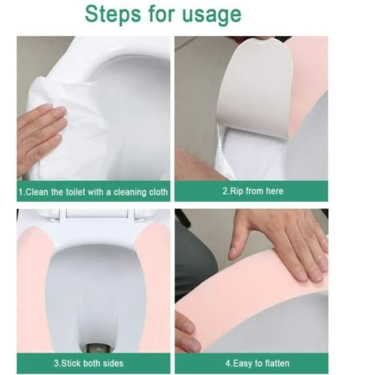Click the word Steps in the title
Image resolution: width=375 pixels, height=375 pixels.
[113, 15]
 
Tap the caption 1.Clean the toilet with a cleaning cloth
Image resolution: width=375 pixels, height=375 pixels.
[93, 191]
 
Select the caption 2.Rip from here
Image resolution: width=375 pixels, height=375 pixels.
[253, 191]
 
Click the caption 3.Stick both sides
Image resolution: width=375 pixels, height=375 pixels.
[89, 363]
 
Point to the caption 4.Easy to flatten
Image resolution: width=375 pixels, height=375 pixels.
[257, 363]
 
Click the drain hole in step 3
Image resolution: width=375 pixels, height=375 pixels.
[96, 348]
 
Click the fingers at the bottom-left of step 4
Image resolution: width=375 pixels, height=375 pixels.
[186, 333]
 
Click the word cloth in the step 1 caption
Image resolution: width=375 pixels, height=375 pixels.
[159, 191]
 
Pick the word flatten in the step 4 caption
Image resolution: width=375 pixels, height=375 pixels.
[276, 363]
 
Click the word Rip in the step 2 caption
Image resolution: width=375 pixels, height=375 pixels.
[236, 191]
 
